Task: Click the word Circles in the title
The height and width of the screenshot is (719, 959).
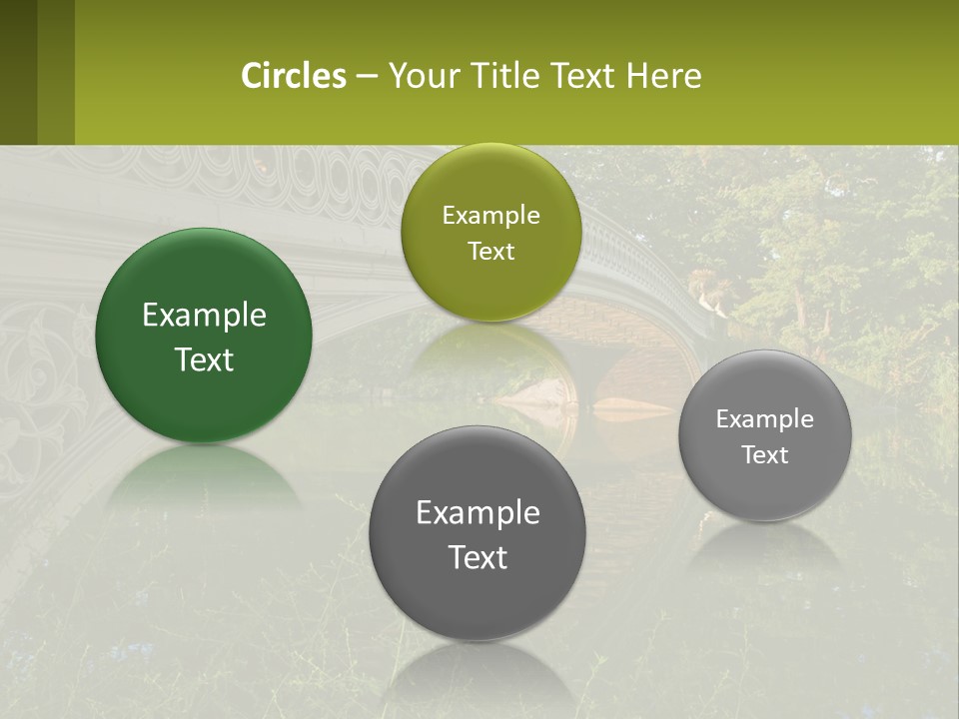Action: [x=294, y=76]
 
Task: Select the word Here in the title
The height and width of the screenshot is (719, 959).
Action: [x=664, y=76]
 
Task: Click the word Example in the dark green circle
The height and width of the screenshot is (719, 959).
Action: [x=204, y=316]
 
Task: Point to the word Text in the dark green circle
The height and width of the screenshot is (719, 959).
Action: [x=204, y=359]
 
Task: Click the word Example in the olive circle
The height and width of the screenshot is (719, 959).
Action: [x=490, y=216]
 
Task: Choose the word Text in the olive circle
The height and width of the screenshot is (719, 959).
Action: [x=490, y=251]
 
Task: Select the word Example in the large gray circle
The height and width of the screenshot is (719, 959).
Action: [x=478, y=513]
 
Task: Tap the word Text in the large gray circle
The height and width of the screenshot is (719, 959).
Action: [x=478, y=557]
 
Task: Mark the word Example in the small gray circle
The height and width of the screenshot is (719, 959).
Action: [x=764, y=419]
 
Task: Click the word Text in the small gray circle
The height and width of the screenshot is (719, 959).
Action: [x=764, y=455]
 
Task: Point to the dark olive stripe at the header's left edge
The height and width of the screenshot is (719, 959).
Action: [x=18, y=72]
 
